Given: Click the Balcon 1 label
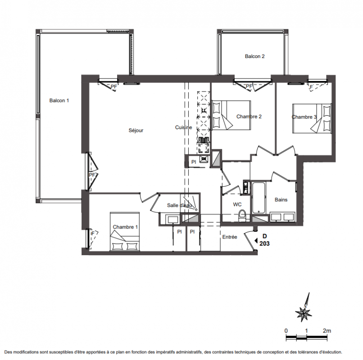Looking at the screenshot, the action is (59, 100).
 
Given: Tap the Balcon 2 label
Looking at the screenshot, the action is (254, 56).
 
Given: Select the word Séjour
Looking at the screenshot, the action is (136, 130).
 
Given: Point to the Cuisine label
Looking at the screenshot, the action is (184, 127).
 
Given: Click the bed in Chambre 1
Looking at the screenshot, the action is (125, 232).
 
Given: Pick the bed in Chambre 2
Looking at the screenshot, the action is (231, 115).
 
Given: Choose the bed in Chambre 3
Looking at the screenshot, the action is (312, 118).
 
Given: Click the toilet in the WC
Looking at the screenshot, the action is (242, 216).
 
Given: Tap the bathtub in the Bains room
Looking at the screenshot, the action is (259, 198).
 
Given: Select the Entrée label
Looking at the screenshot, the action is (230, 237).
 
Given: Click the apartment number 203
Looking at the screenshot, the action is (264, 243).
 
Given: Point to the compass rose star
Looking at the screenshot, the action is (304, 314).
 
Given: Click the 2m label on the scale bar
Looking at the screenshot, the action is (327, 331).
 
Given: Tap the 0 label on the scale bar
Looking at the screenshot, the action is (286, 331).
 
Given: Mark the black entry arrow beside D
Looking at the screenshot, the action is (256, 241).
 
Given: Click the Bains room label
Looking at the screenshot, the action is (281, 200).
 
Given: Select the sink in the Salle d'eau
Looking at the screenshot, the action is (172, 219).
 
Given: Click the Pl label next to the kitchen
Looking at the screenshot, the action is (194, 162).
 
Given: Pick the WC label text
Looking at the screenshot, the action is (237, 204).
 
